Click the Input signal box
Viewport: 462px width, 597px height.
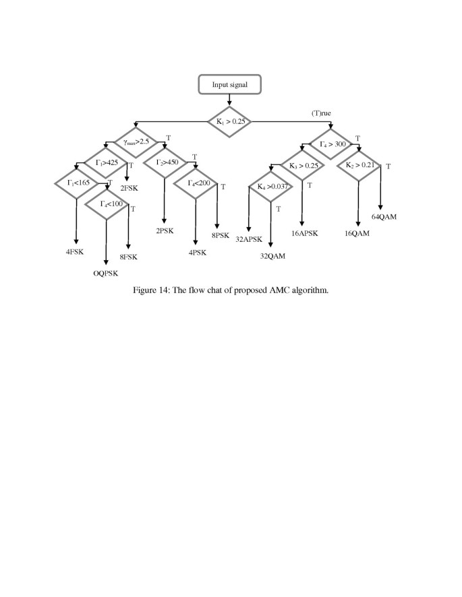click(230, 86)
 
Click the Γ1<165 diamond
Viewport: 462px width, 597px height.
click(77, 183)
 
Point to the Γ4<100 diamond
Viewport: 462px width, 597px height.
click(107, 203)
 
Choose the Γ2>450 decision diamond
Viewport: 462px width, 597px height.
click(165, 162)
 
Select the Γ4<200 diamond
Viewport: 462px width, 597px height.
click(195, 183)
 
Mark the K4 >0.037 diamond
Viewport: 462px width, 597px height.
click(270, 187)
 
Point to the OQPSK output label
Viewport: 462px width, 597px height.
click(107, 274)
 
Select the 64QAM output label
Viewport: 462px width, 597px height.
click(384, 217)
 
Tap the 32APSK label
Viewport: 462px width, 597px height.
click(249, 238)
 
